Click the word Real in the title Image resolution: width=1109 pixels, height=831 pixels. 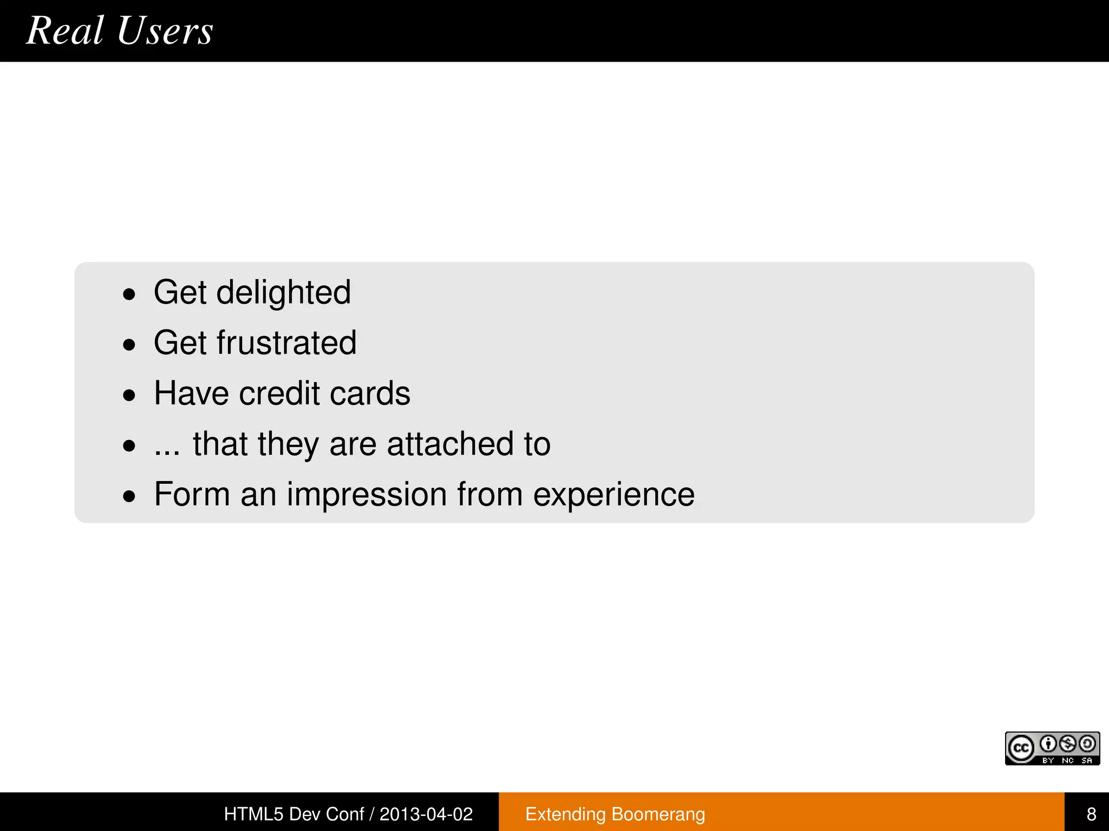65,30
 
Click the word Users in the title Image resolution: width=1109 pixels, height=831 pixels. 165,30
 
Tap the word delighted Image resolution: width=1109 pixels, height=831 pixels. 283,293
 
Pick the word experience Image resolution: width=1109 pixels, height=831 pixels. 614,496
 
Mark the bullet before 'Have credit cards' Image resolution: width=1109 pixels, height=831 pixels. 129,395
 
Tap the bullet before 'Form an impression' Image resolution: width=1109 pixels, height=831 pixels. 129,496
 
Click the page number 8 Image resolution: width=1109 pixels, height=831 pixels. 1091,814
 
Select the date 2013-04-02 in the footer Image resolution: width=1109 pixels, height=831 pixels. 426,814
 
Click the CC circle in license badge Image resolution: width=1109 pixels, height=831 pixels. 1021,749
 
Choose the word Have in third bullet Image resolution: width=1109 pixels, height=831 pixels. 191,393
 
